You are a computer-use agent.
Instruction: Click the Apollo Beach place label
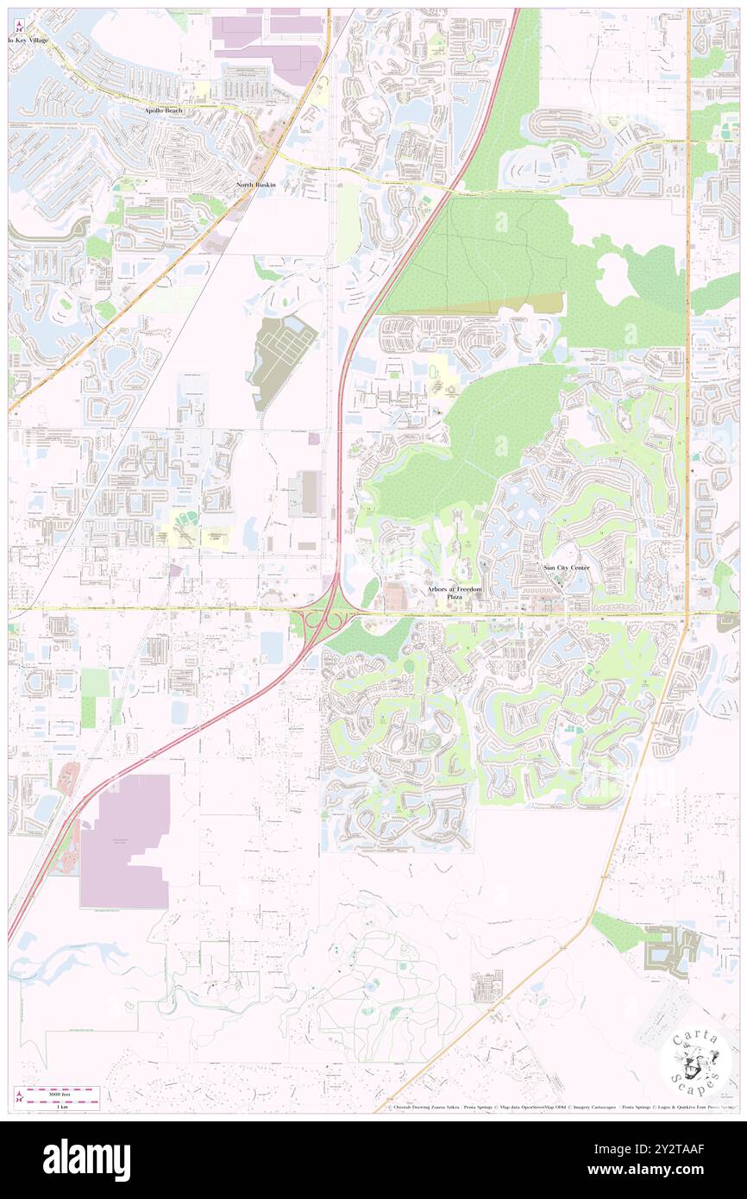[170, 111]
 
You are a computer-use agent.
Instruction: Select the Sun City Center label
[567, 568]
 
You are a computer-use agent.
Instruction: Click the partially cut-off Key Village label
[29, 41]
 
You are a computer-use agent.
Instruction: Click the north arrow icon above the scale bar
[19, 1096]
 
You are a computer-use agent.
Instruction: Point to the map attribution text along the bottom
[562, 1108]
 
